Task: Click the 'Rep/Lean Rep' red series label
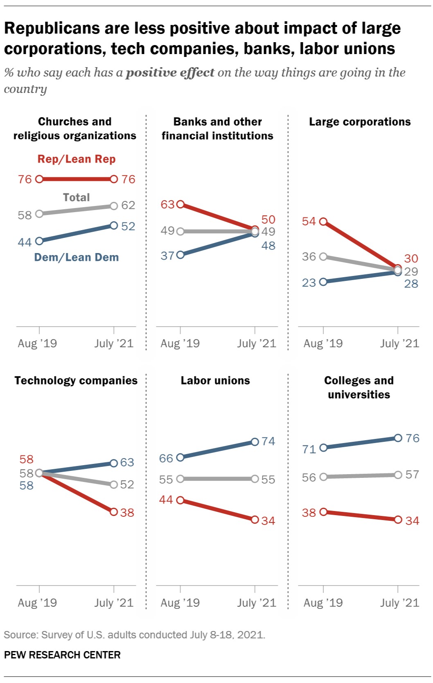point(77,159)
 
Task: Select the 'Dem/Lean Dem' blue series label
point(77,257)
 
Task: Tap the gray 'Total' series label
point(77,197)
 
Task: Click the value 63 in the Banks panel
point(168,204)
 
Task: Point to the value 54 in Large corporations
point(309,222)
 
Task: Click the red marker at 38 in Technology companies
point(114,512)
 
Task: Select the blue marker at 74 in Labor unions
point(255,442)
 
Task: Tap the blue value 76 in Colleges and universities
point(413,438)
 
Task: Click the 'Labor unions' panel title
point(215,380)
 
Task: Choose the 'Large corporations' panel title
point(360,122)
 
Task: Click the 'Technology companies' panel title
point(76,380)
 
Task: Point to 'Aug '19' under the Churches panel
point(37,344)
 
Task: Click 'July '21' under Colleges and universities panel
point(399,603)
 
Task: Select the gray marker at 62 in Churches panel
point(114,206)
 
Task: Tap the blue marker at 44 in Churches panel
point(39,241)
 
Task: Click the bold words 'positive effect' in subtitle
point(170,72)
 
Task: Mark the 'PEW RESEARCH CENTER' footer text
point(62,655)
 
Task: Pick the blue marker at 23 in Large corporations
point(323,282)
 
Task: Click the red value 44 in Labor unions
point(166,500)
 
